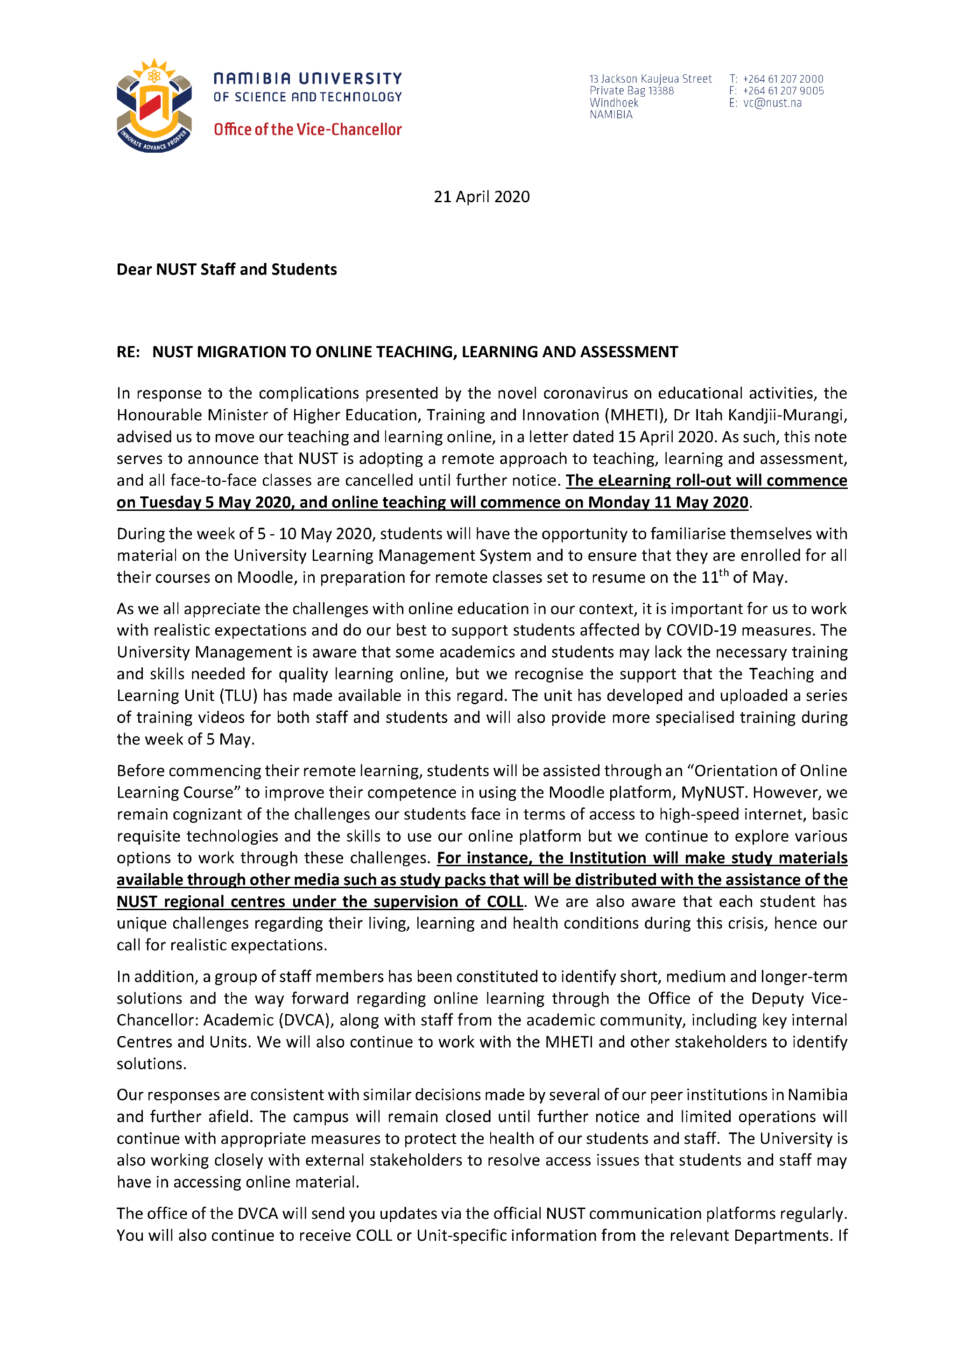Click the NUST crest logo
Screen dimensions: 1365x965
[154, 106]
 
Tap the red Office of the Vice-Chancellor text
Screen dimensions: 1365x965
[307, 130]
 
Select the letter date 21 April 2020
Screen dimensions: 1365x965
[481, 197]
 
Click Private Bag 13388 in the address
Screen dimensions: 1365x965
[631, 91]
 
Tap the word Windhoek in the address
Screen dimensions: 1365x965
[613, 103]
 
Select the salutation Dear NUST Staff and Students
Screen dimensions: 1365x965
[226, 270]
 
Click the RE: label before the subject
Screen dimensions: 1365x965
[128, 352]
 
